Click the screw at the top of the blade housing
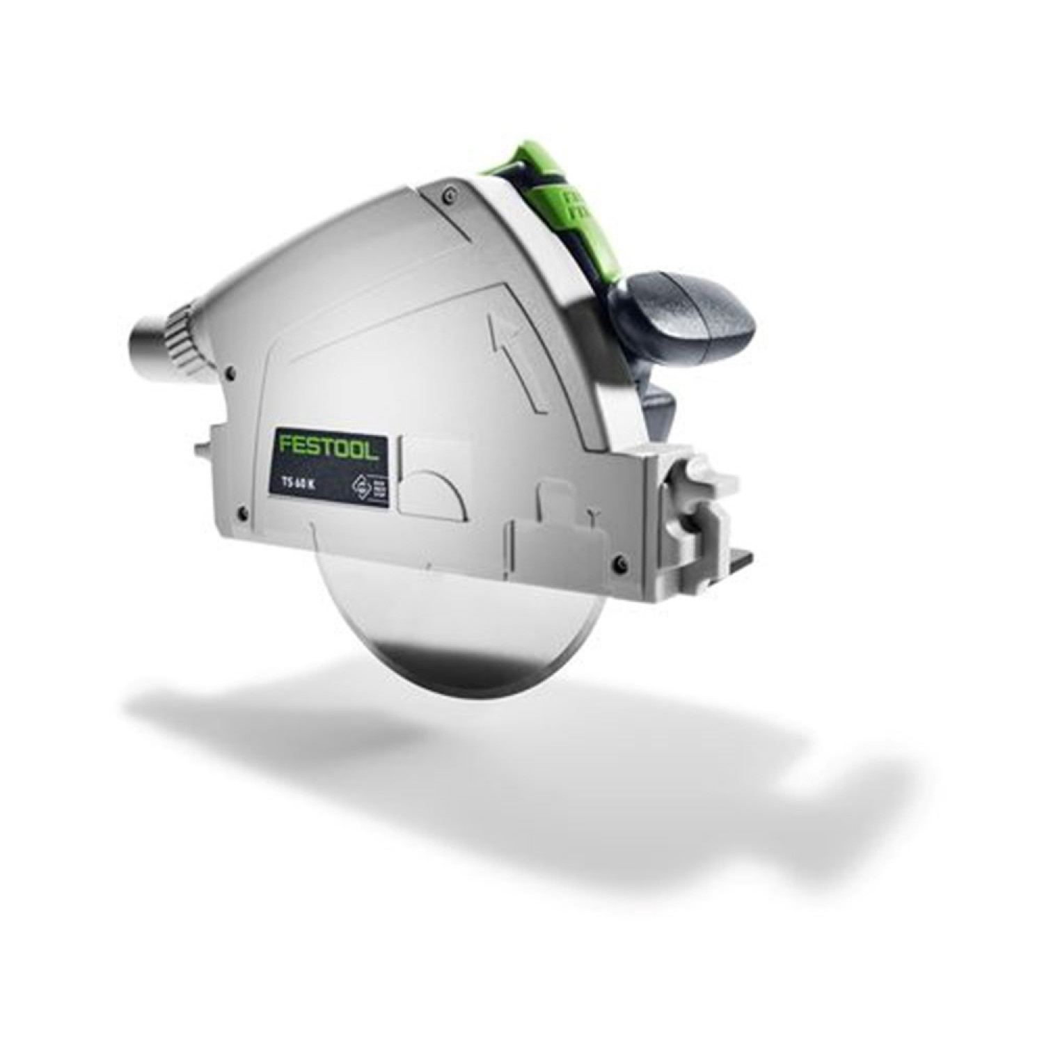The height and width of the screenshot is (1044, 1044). [x=452, y=192]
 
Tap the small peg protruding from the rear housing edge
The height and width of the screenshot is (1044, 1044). [x=203, y=445]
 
